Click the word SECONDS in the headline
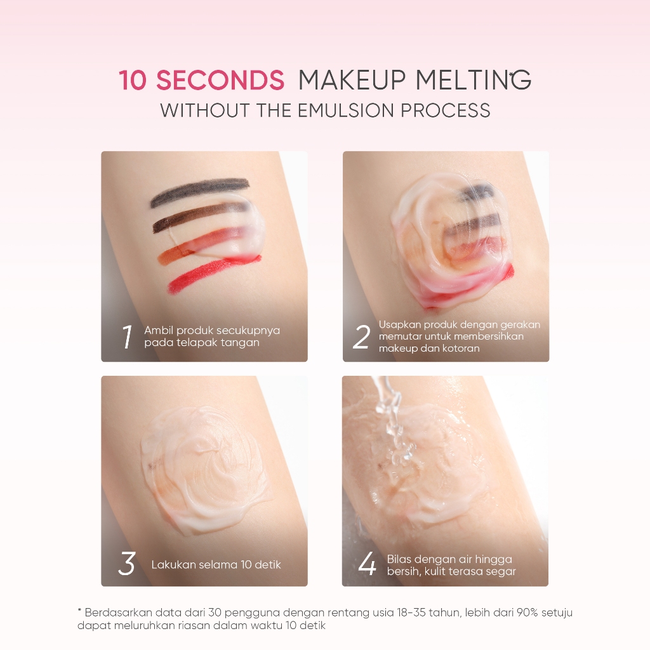pos(220,80)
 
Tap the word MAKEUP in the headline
pos(352,80)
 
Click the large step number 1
pos(127,336)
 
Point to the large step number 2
pos(361,336)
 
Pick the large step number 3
pos(126,564)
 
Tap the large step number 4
pos(367,564)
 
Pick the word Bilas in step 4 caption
pos(399,559)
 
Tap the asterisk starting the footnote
pos(79,610)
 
